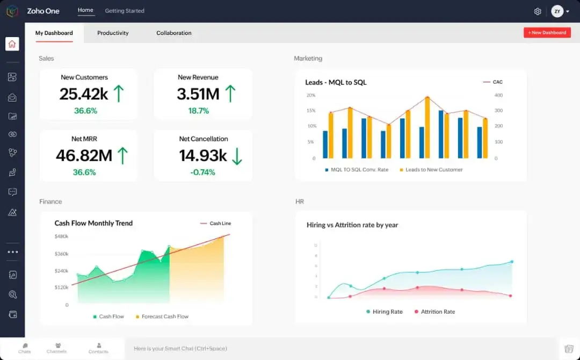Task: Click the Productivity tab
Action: coord(113,33)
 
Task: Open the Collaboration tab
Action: coord(173,33)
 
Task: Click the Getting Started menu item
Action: coord(125,11)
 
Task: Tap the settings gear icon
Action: coord(538,11)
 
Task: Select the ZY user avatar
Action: coord(557,11)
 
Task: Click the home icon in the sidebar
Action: coord(12,44)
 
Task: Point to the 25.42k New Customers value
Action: coord(84,94)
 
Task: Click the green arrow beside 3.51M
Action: coord(230,94)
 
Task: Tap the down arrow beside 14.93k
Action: coord(237,156)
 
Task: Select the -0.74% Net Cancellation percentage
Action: coord(202,172)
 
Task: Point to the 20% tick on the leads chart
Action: coord(311,95)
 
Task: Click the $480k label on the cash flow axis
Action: coord(62,236)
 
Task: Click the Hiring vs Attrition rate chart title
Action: coord(352,225)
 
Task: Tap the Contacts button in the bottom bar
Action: coord(98,348)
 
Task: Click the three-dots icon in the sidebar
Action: coord(12,252)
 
